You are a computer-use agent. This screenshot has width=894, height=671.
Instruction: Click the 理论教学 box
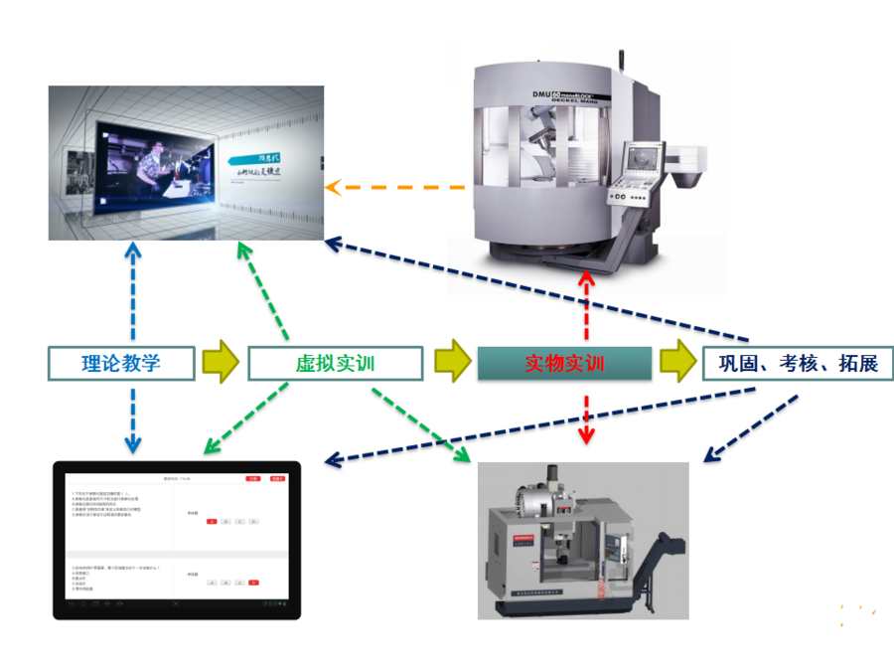coord(120,363)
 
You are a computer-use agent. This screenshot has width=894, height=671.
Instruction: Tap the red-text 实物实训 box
coord(564,364)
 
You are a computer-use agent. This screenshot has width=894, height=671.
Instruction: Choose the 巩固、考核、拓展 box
coord(798,363)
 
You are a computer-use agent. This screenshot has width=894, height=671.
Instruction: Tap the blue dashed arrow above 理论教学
coord(132,292)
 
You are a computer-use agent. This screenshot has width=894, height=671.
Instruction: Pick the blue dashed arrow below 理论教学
coord(132,418)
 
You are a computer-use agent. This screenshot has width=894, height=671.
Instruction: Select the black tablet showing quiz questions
coord(177,540)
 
